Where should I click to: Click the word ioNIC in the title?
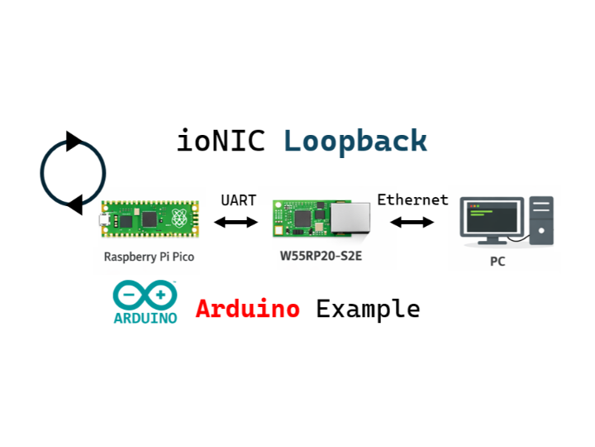click(x=221, y=141)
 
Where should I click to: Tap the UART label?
click(x=238, y=200)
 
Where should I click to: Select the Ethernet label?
click(x=412, y=199)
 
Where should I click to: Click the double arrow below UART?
click(x=236, y=222)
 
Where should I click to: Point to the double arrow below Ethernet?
click(x=412, y=222)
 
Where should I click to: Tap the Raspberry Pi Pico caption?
click(x=149, y=257)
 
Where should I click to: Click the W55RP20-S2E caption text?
click(x=321, y=257)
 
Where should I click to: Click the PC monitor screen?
click(x=492, y=215)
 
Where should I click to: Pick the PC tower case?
click(x=542, y=220)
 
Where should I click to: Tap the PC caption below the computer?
click(x=497, y=262)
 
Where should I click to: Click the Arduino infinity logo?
click(x=145, y=296)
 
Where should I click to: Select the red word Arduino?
click(x=247, y=310)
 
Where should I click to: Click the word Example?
click(x=368, y=310)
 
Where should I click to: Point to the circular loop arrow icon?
click(x=73, y=174)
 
